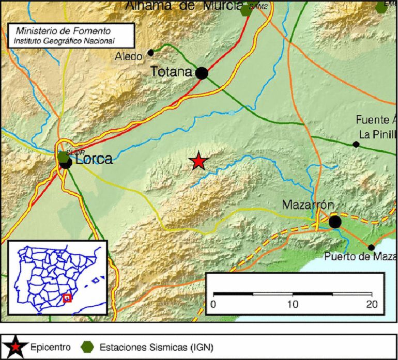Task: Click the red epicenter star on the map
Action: pos(198,162)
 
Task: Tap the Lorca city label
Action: pos(94,159)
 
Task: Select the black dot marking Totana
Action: pos(202,73)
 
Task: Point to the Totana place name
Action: pos(171,72)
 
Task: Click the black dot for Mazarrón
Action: pos(335,222)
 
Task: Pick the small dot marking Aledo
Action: pos(151,52)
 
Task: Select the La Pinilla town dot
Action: pos(356,144)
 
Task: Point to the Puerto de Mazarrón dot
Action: pos(371,247)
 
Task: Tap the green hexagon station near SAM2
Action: pos(246,11)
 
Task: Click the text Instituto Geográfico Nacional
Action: pos(64,40)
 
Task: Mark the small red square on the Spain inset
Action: pos(67,298)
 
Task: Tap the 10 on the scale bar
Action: pos(293,304)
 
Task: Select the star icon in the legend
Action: pos(15,346)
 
